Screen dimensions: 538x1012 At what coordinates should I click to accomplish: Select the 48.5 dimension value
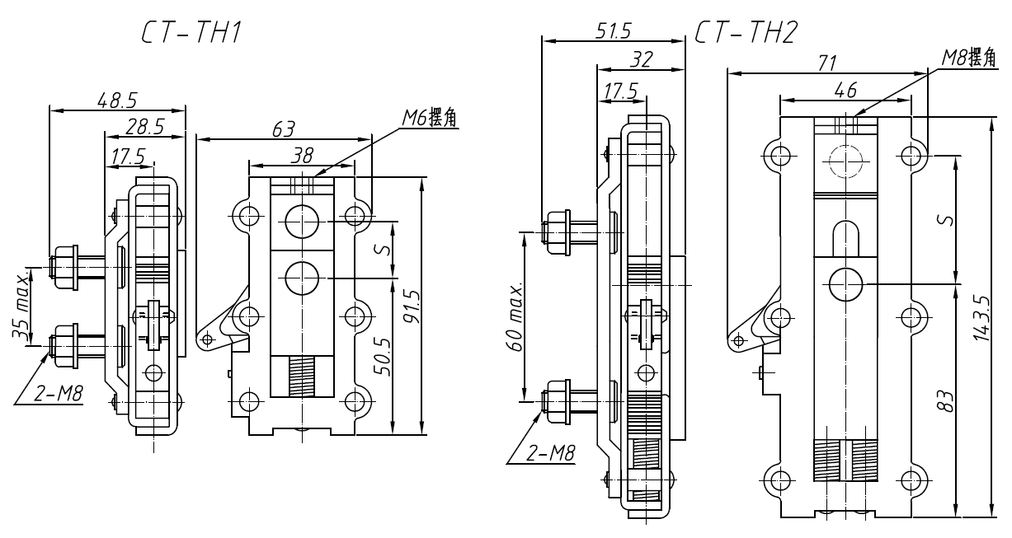[x=117, y=101]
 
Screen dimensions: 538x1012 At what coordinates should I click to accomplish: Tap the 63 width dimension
[x=285, y=129]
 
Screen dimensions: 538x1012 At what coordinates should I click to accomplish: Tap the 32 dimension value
[x=640, y=59]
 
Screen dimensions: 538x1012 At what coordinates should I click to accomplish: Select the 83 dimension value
[x=948, y=400]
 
